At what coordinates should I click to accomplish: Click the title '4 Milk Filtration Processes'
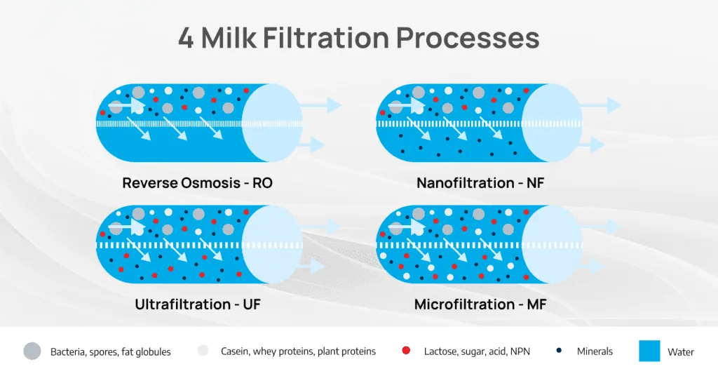(358, 38)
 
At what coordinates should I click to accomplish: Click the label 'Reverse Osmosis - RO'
(197, 183)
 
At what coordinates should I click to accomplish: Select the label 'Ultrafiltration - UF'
(198, 304)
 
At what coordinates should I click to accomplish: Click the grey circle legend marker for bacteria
(32, 351)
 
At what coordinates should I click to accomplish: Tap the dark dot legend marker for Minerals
(558, 351)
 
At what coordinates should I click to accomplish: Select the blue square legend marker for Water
(649, 351)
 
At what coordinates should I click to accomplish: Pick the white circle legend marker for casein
(203, 351)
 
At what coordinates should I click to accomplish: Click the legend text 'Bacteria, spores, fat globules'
(111, 351)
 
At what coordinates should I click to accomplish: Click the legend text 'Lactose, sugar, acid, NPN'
(479, 351)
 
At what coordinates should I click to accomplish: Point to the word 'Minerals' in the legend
(595, 351)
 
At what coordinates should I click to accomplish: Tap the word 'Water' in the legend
(681, 351)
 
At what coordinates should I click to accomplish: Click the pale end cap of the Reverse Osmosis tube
(272, 123)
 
